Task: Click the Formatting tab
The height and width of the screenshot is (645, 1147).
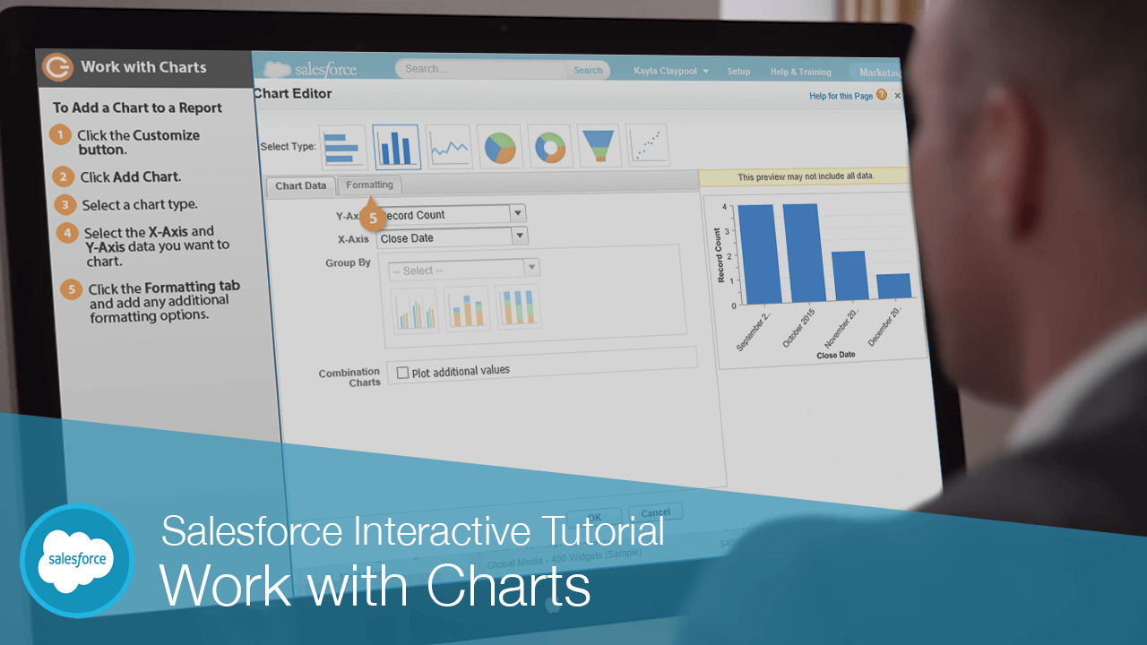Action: click(370, 185)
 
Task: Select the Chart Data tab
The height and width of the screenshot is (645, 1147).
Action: click(300, 186)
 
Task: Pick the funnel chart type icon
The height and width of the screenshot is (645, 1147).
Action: click(599, 146)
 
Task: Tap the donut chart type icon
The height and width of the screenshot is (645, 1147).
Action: click(551, 147)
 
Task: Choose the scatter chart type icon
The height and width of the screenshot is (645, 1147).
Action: click(647, 145)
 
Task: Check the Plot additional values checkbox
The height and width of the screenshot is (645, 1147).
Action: click(402, 373)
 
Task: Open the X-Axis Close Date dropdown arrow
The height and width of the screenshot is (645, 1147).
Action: click(519, 236)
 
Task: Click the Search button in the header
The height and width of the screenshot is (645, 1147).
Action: click(588, 71)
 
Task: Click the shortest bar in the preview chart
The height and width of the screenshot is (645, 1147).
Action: click(893, 286)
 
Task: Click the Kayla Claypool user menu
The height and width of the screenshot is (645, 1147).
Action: click(670, 71)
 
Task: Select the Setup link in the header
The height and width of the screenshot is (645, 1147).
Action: click(738, 72)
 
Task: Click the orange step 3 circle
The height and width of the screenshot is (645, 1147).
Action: click(65, 204)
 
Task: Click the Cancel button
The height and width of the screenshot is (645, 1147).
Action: click(656, 512)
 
